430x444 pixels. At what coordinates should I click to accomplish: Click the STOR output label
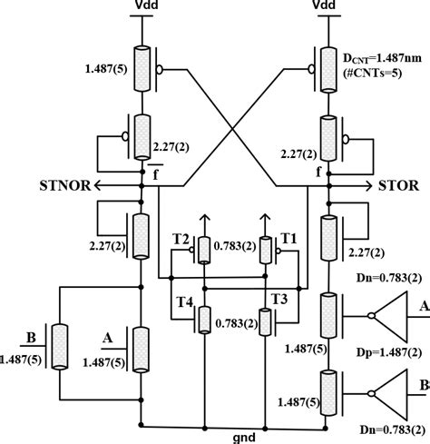[400, 187]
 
